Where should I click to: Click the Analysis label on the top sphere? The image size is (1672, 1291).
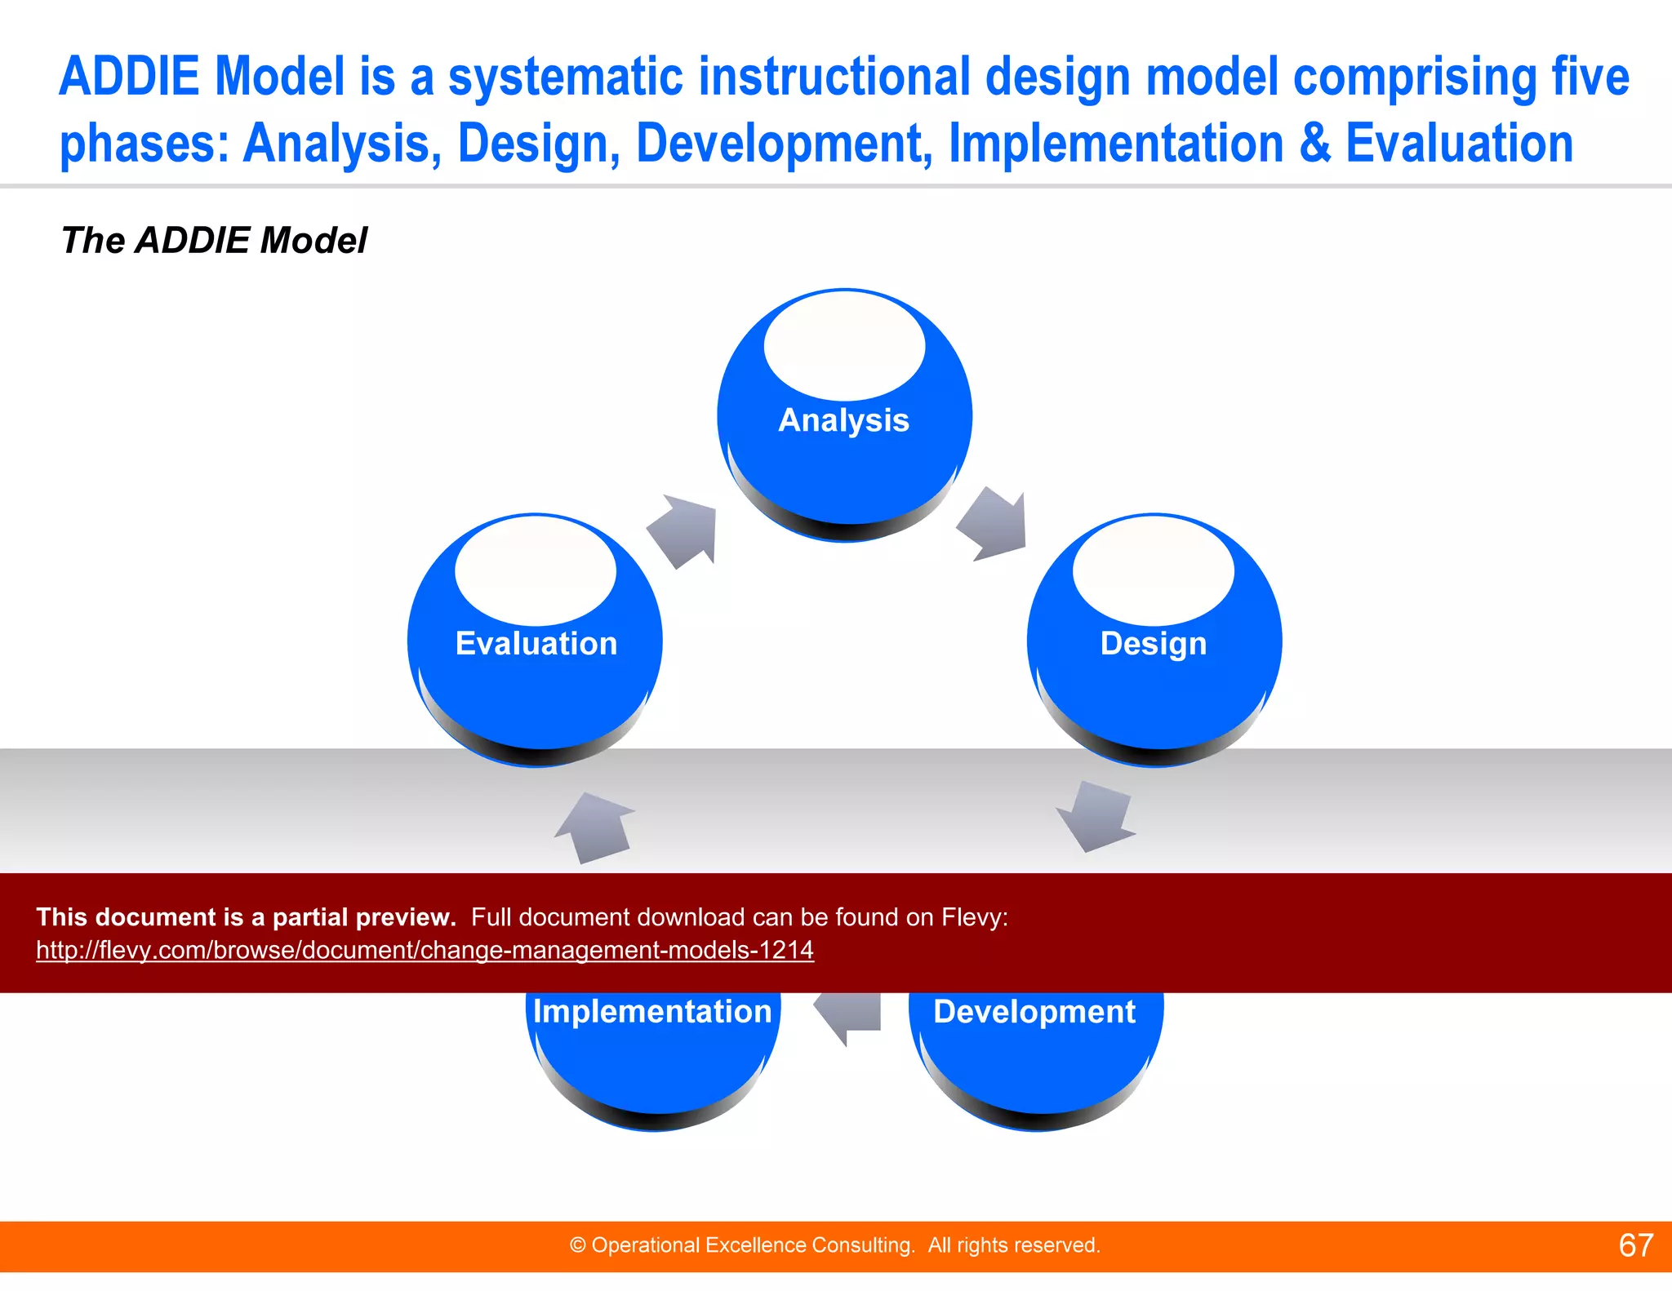tap(843, 420)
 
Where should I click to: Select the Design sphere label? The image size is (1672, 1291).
tap(1153, 644)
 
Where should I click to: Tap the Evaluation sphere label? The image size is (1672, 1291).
tap(536, 644)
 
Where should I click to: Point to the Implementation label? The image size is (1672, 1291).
tap(651, 1012)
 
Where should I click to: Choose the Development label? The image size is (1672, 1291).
tap(1034, 1012)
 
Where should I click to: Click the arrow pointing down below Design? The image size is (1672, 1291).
tap(1095, 816)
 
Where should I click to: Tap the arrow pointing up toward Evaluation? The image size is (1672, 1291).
tap(596, 827)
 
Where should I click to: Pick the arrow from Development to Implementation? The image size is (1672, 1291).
tap(849, 1016)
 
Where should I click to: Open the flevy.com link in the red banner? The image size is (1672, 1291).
tap(425, 950)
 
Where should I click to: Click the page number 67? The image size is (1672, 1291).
tap(1635, 1245)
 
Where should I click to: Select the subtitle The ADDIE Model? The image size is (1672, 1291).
tap(214, 241)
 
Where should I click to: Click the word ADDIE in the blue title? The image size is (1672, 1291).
tap(129, 77)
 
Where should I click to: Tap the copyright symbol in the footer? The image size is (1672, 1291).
tap(578, 1245)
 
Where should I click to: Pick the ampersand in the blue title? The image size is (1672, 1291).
tap(1314, 144)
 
